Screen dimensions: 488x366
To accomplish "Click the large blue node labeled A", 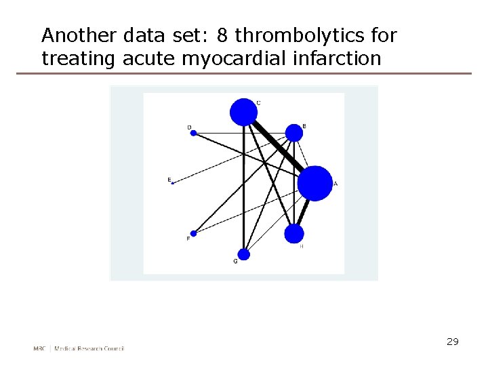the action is click(315, 183).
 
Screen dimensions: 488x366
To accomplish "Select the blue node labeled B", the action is click(294, 133).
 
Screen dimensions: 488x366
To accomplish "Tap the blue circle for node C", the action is click(244, 112).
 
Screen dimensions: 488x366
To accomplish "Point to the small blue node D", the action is click(193, 133).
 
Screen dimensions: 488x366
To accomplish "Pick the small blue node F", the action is click(193, 234).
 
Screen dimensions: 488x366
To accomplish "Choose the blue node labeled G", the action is click(244, 254).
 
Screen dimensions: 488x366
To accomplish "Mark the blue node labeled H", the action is click(294, 234).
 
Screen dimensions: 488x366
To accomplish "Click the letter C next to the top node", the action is click(258, 103).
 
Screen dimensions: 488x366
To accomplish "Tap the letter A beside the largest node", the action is click(335, 184).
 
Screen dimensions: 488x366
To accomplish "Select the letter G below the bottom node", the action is click(236, 262).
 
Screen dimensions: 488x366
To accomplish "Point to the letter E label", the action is click(169, 179).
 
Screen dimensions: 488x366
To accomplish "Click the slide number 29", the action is click(453, 342).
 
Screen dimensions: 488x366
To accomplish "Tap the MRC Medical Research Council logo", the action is click(79, 348).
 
